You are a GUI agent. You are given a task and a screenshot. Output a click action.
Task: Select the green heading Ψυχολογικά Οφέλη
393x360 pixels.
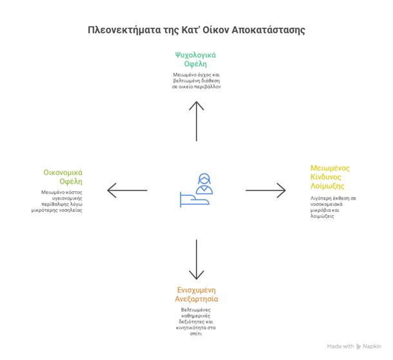tap(196, 59)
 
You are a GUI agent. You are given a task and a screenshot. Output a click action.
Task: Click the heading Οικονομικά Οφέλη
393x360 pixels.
tap(63, 177)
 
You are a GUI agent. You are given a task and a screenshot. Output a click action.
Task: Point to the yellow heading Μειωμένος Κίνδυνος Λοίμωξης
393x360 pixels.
tap(331, 176)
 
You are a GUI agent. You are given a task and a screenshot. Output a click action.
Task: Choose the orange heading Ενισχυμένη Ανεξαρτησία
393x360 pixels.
tap(196, 294)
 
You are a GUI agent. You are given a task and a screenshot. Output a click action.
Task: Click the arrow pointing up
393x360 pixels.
tap(196, 120)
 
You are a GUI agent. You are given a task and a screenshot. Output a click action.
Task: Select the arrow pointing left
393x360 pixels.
tap(127, 190)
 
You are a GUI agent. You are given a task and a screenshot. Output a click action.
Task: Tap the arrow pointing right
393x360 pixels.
tap(265, 190)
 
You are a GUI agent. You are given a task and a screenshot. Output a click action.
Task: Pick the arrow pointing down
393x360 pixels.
tap(196, 259)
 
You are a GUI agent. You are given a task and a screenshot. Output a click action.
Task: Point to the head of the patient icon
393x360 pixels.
tap(204, 180)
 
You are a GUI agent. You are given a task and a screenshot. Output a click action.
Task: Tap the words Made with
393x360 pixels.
tap(340, 346)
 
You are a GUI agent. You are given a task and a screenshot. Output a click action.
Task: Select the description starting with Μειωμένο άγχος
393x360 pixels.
tap(196, 81)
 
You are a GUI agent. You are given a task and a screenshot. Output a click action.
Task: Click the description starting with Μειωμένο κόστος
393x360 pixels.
tap(62, 201)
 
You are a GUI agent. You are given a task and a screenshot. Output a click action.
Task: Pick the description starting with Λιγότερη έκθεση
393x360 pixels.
tap(333, 207)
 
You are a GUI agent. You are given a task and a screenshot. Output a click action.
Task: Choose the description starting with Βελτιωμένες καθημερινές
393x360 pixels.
tap(196, 321)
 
